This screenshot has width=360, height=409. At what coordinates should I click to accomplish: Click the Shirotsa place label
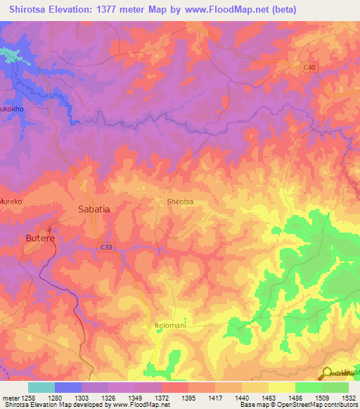tap(180, 202)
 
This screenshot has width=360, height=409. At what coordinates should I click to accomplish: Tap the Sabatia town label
tap(94, 209)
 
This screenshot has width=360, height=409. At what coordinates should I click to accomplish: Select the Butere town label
tap(40, 239)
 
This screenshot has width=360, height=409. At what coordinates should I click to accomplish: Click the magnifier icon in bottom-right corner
tap(326, 374)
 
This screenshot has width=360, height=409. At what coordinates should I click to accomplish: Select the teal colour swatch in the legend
tap(41, 387)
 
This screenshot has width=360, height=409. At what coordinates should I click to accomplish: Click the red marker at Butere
tap(49, 229)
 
